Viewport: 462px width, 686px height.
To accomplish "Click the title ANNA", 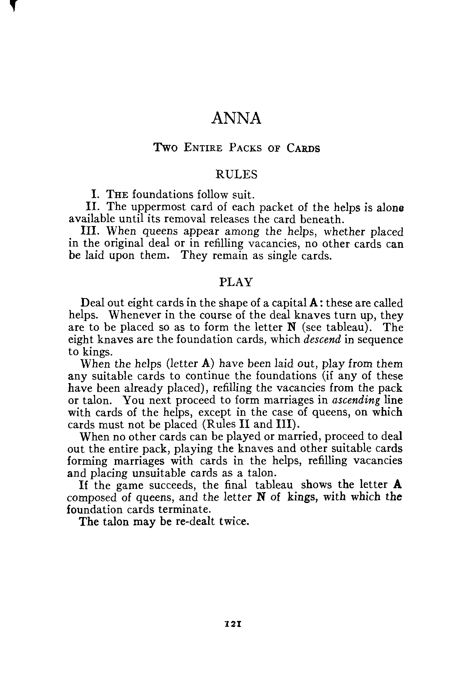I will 236,118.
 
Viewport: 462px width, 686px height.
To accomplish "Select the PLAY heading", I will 236,282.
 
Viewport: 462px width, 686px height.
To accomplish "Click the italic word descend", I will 322,339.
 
